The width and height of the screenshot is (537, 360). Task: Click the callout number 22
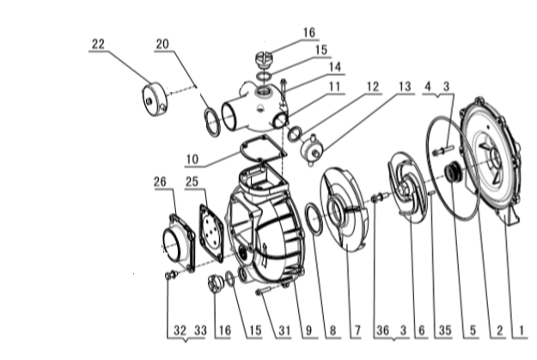tap(99, 45)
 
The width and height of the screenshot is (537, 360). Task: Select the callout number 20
tap(163, 45)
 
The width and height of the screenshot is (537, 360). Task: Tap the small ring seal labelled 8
tap(314, 222)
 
